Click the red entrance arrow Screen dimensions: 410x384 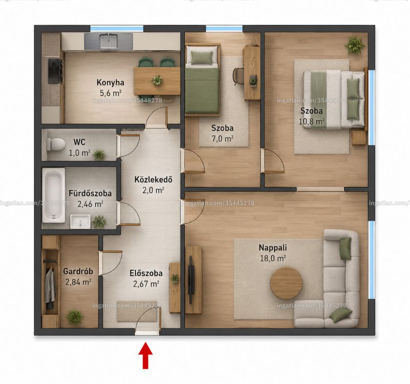146,356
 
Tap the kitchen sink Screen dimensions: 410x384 109,42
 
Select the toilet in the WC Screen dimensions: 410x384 55,144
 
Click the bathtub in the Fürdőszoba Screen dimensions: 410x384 54,195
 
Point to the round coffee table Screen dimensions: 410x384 286,283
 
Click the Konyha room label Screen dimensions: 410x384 110,83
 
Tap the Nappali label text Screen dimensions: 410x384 273,247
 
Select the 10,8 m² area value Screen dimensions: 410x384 312,122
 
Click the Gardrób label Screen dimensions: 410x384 78,271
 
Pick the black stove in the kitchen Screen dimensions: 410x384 55,71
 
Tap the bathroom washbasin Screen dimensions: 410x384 80,221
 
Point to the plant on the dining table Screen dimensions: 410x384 157,80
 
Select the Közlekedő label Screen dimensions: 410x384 153,179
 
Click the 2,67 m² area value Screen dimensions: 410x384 146,284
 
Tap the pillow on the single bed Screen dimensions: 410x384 201,56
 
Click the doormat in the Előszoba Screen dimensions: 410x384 137,311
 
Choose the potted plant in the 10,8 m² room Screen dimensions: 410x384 355,45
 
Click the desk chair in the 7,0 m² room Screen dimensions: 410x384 238,76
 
